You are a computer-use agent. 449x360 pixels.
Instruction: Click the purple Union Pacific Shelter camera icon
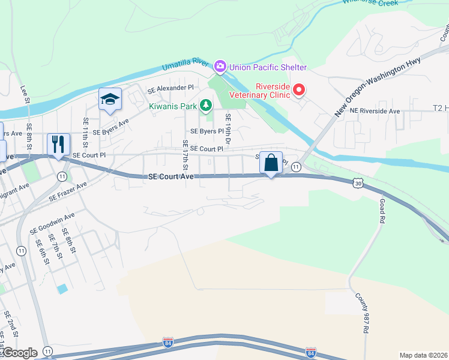[220, 67]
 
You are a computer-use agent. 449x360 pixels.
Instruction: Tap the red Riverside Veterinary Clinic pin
[298, 91]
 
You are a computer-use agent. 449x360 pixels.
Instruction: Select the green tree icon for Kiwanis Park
[206, 106]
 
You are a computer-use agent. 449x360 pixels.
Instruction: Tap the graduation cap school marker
[110, 100]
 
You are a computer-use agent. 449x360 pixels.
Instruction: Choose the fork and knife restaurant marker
[58, 145]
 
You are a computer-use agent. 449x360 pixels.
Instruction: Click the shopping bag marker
[271, 163]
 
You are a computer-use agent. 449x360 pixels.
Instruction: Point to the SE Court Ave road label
[171, 177]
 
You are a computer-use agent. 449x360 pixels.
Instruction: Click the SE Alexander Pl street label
[171, 88]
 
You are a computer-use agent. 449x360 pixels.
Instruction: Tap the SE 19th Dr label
[228, 127]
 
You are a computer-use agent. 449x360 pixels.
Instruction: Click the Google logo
[19, 353]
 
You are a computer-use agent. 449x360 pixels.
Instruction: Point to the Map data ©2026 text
[423, 355]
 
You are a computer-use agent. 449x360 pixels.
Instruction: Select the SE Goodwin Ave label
[52, 223]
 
